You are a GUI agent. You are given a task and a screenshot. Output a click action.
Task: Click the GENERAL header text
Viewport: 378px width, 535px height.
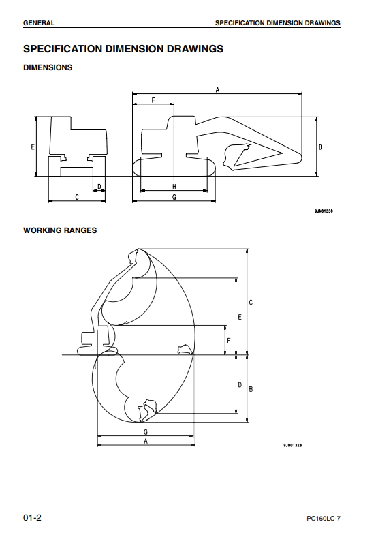point(39,23)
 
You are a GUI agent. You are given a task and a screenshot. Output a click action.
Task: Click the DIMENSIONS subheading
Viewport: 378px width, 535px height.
point(48,67)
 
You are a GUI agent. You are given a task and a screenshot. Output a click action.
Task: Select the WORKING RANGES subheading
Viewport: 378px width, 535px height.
point(60,230)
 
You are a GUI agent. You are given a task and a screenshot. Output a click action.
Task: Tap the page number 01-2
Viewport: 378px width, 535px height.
point(32,517)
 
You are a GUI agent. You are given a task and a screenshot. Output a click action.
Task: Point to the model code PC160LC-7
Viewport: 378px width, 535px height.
point(324,519)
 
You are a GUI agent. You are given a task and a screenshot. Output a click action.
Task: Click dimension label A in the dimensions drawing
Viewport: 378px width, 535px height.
point(217,90)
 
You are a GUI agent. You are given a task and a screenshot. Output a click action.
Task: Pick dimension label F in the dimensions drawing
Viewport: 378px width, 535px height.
point(153,100)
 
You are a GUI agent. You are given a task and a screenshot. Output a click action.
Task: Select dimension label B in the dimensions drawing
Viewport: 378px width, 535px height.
point(320,147)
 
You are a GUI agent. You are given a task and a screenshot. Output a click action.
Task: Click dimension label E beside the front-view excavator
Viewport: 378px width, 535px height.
point(33,147)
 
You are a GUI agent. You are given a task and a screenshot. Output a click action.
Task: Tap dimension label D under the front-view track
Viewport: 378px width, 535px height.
point(99,187)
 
